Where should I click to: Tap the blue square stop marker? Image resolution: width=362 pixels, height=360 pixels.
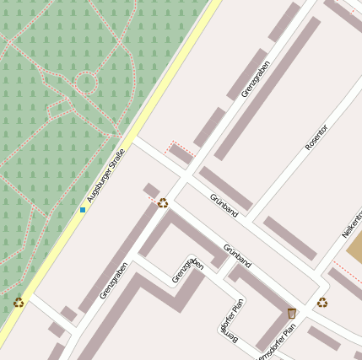click(x=83, y=209)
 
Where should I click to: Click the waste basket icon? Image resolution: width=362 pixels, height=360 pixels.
click(x=292, y=313)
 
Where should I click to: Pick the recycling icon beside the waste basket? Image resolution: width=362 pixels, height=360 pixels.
click(x=322, y=302)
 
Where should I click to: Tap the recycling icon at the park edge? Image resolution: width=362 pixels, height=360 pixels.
click(x=19, y=302)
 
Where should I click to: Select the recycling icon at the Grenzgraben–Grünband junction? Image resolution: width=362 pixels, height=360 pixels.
click(x=163, y=202)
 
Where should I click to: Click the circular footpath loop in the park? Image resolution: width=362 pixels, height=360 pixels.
click(x=86, y=83)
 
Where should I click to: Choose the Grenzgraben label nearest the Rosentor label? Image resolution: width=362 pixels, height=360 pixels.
click(x=256, y=78)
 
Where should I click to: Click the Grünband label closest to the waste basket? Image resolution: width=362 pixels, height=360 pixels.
click(x=237, y=255)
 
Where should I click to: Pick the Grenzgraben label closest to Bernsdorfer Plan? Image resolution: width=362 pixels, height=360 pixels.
click(x=187, y=270)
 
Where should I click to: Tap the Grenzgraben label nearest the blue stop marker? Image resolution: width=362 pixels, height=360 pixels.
click(x=113, y=281)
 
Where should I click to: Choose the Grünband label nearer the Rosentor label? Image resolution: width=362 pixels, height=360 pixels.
click(x=224, y=205)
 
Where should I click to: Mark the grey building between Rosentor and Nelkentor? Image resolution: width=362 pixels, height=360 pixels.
click(x=289, y=238)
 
